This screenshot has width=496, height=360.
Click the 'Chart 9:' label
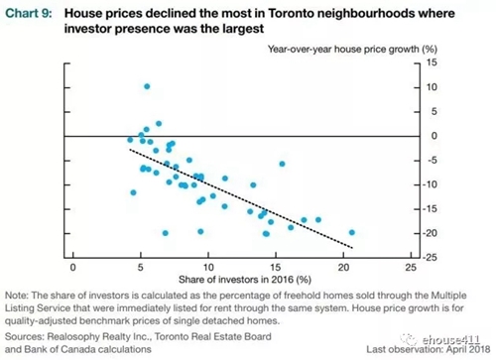coord(29,14)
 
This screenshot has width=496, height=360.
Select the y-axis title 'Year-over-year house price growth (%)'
coord(352,50)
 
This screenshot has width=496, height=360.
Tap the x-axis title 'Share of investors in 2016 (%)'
coord(245,280)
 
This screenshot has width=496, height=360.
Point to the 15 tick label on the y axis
coord(432,62)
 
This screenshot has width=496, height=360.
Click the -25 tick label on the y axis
coord(430,257)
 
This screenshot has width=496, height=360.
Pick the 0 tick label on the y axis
coord(434,136)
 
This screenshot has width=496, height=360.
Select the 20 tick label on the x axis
coord(343,267)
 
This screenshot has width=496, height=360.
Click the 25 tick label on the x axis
coord(411,267)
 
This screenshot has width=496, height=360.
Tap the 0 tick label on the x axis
coord(73,267)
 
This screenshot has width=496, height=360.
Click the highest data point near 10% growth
coord(147,86)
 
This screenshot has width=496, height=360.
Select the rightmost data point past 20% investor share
coord(352,232)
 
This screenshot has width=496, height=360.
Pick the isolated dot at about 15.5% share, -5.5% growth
coord(282,164)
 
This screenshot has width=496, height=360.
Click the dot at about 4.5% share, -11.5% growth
coord(133,192)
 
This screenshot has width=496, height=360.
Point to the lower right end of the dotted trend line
coord(353,248)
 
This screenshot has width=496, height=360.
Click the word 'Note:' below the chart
coord(17,296)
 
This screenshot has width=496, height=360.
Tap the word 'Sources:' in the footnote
coord(25,336)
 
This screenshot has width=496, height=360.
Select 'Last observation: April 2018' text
coord(429,349)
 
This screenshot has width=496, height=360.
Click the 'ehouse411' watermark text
coord(451,339)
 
